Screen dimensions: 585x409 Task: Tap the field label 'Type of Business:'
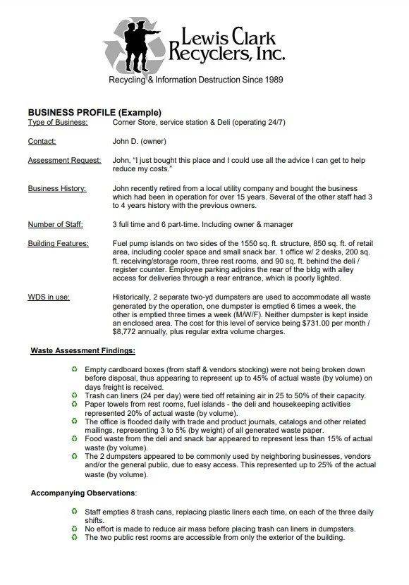click(x=58, y=123)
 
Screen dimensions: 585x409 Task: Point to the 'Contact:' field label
click(x=42, y=142)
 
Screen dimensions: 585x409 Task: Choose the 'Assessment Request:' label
click(x=63, y=161)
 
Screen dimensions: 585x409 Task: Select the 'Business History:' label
click(x=57, y=189)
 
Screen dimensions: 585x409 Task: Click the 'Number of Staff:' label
click(x=56, y=225)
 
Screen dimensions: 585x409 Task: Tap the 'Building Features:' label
click(x=59, y=244)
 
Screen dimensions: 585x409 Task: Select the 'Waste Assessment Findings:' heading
click(x=83, y=350)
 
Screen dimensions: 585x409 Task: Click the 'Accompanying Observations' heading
click(x=84, y=491)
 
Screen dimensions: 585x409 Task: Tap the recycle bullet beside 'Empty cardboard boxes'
click(x=74, y=369)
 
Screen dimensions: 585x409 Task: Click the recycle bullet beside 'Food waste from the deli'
click(x=74, y=437)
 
